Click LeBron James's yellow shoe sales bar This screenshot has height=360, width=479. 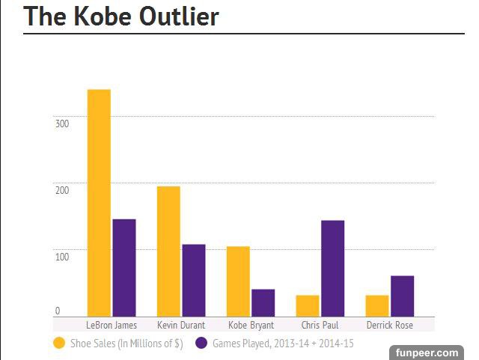(99, 202)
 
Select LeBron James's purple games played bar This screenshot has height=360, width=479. (123, 267)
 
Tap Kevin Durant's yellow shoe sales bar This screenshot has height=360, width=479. (168, 251)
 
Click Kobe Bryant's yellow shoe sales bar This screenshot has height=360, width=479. (238, 281)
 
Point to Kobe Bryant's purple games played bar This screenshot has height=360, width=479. (263, 302)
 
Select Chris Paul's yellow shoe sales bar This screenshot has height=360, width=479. (308, 305)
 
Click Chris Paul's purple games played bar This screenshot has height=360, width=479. (332, 268)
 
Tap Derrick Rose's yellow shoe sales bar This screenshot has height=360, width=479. (377, 305)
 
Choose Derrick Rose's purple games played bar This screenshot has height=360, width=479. (402, 296)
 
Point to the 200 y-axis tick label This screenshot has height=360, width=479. (62, 190)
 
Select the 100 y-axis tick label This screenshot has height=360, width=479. (62, 257)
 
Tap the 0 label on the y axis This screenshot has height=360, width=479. (57, 311)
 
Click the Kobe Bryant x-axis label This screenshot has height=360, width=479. (251, 326)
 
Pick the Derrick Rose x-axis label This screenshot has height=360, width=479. (389, 326)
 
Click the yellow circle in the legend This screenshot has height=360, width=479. (59, 344)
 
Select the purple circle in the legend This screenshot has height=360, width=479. (201, 344)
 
